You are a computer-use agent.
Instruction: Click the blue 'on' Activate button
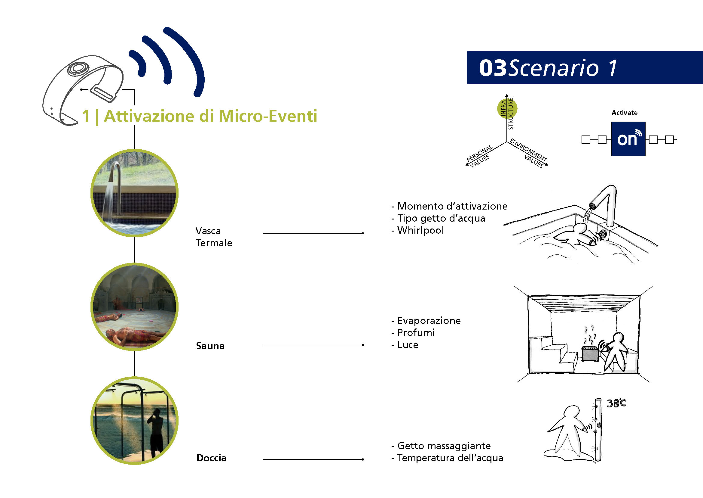point(628,139)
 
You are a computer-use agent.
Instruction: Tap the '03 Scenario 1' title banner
point(585,67)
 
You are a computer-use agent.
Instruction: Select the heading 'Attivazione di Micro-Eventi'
point(211,116)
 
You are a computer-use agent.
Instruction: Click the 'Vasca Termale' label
point(214,237)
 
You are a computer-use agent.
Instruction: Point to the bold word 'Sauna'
point(210,346)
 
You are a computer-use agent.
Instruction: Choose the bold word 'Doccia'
point(211,458)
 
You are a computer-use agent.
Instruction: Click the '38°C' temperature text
point(616,403)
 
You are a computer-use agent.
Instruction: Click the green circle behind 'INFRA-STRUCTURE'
point(507,108)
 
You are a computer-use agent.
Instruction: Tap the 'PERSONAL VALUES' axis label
point(479,156)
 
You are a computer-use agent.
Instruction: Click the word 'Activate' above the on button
point(625,113)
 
